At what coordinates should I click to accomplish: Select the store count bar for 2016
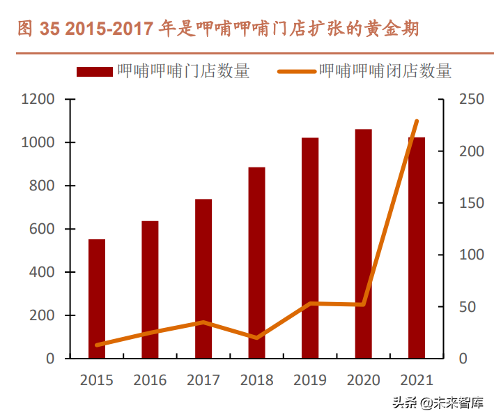tap(150, 290)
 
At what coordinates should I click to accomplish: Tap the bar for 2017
tap(203, 278)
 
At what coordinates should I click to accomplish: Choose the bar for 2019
tap(310, 248)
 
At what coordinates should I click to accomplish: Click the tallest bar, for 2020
tap(363, 243)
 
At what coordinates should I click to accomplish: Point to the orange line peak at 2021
tap(417, 121)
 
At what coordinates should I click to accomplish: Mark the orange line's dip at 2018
tap(256, 338)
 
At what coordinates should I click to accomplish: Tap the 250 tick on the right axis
tap(471, 99)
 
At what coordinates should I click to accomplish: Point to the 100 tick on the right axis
tap(471, 255)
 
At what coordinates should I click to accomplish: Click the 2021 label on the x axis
tap(417, 380)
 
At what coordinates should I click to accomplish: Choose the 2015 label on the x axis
tap(97, 380)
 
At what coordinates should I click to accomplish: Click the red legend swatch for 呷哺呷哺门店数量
tap(93, 71)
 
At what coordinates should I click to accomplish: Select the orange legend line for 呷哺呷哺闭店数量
tap(297, 71)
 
